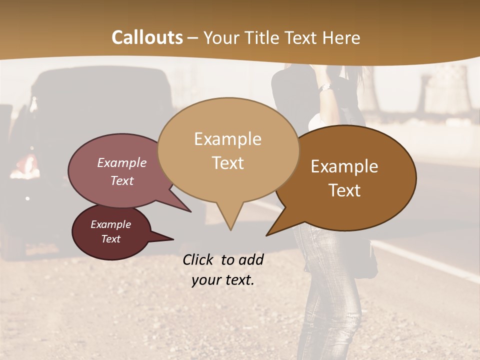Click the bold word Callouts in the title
click(x=147, y=37)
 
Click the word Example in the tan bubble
click(x=227, y=139)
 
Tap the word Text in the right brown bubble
click(x=344, y=190)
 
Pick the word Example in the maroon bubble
click(x=110, y=224)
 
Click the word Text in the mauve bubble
click(x=122, y=180)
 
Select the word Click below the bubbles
click(x=198, y=259)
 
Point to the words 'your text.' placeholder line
click(x=222, y=280)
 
